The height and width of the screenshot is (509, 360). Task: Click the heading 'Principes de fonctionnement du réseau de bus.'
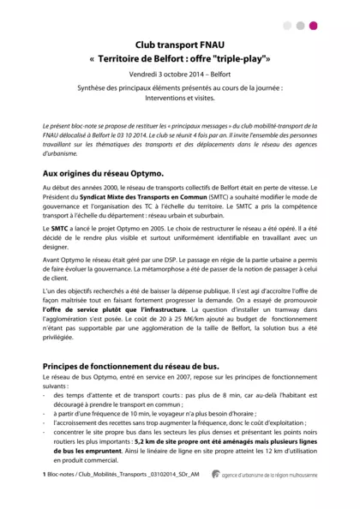click(x=130, y=367)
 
